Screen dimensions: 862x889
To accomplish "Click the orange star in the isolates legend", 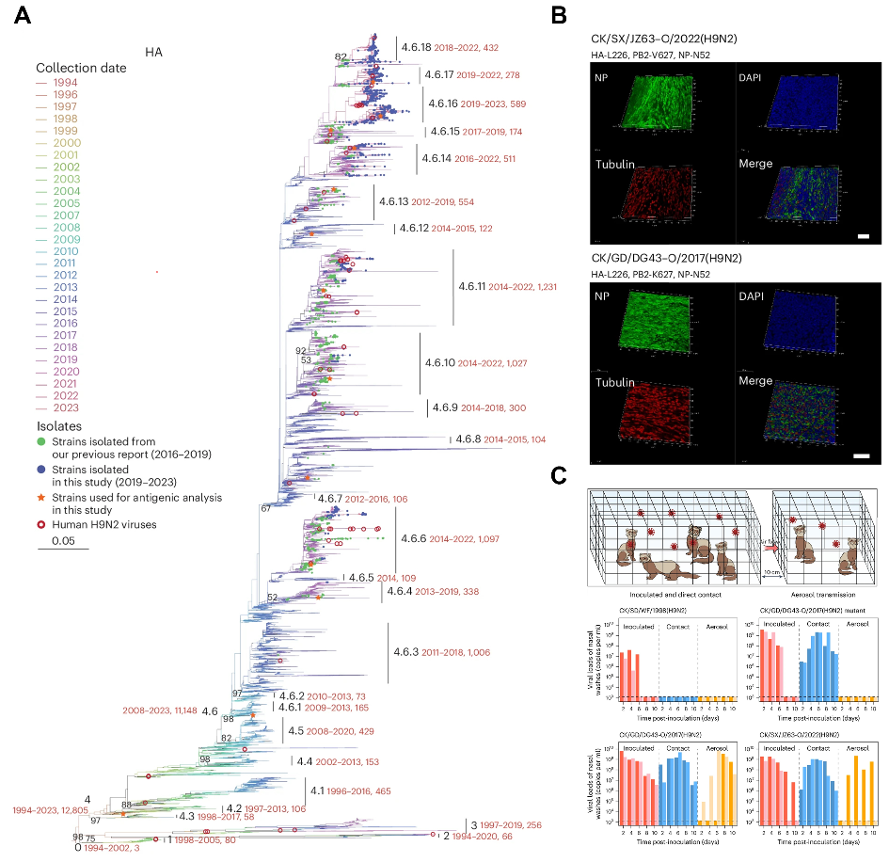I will [41, 497].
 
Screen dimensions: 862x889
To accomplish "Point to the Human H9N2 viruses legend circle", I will [41, 524].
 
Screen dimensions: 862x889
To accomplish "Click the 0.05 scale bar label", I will [63, 541].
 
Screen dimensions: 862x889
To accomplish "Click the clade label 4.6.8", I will [468, 439].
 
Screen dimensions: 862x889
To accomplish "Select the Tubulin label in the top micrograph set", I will [620, 164].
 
